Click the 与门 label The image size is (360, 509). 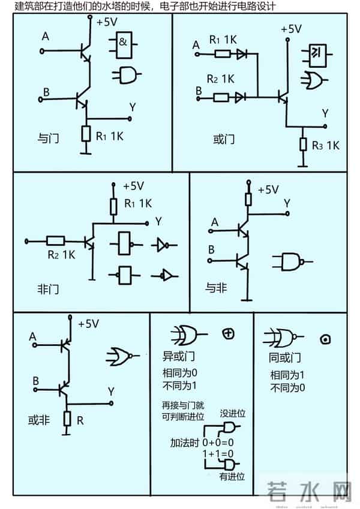point(47,137)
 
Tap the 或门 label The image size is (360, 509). point(223,140)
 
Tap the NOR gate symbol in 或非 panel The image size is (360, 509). point(122,357)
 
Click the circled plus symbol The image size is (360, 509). point(227,333)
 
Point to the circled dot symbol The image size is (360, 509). point(326,339)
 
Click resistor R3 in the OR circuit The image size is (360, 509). point(304,144)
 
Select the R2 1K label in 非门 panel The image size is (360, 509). point(61,255)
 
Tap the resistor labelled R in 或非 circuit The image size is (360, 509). point(67,418)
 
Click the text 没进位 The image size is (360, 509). point(233,414)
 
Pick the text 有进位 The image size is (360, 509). point(232,477)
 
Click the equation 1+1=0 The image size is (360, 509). point(217,454)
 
